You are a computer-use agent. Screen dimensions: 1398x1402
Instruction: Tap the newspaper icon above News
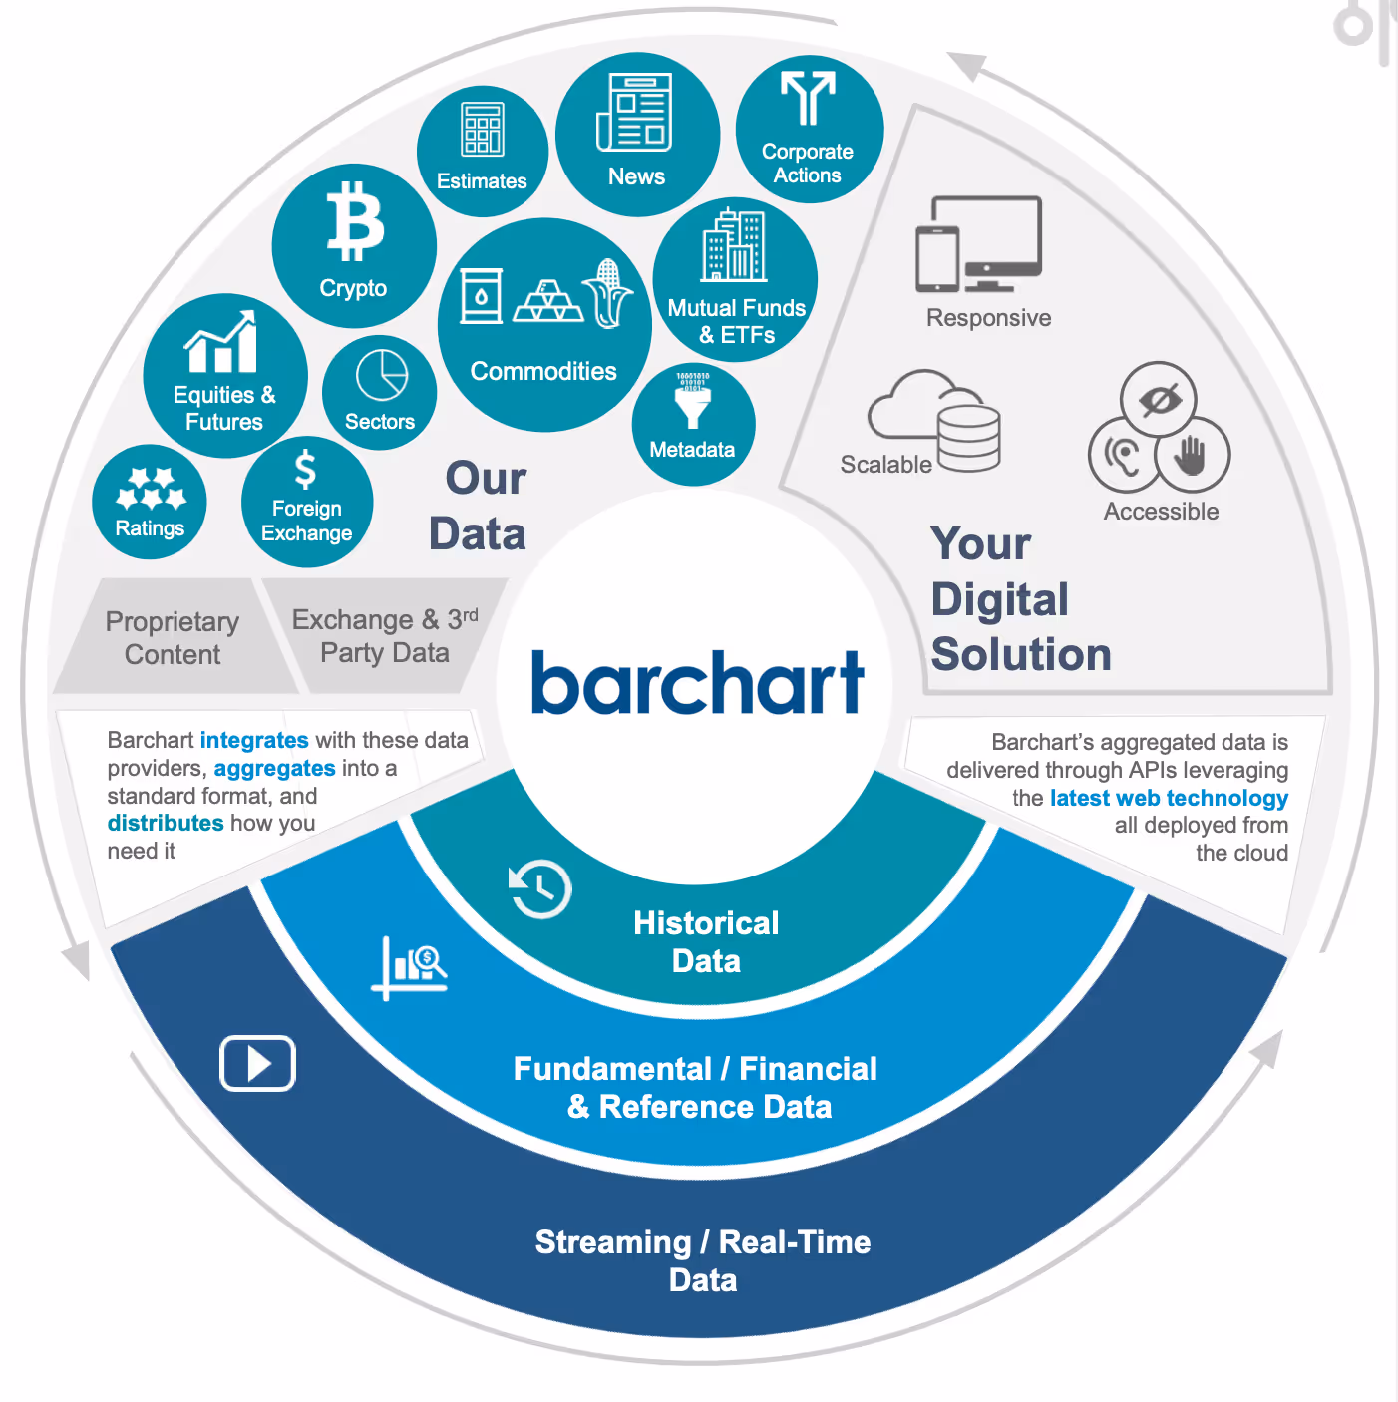tap(634, 113)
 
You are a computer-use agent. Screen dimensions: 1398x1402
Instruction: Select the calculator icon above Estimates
tap(482, 130)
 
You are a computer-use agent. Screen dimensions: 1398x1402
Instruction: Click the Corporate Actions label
tap(808, 164)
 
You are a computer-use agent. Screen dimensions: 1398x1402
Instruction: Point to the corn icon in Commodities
tap(608, 293)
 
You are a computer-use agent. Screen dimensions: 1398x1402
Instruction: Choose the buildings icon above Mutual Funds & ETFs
tap(735, 245)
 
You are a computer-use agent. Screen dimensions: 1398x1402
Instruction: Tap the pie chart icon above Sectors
tap(382, 375)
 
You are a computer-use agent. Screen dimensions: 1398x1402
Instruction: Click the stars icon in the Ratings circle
tap(151, 488)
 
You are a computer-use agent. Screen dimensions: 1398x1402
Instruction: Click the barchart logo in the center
tap(697, 683)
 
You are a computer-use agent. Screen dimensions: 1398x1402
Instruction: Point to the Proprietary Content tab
tap(173, 638)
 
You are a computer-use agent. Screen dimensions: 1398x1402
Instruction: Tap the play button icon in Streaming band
tap(257, 1063)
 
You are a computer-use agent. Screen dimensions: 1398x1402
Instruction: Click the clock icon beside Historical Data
tap(539, 887)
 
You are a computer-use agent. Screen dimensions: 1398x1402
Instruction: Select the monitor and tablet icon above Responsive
tap(978, 245)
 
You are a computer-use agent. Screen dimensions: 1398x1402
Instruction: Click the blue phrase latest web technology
tap(1169, 798)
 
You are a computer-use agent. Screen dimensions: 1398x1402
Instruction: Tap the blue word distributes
tap(166, 823)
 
